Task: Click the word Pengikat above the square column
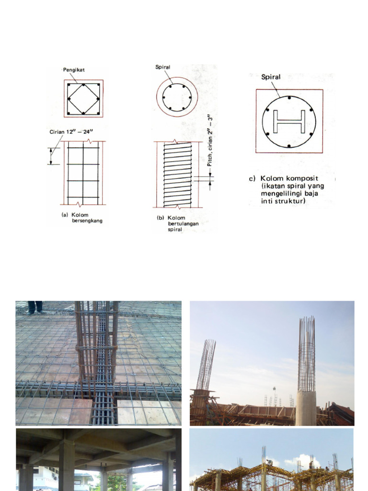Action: tap(74, 70)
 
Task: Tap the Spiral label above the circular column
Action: tap(163, 68)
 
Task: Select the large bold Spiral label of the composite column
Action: tap(271, 77)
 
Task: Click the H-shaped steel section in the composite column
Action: tap(289, 122)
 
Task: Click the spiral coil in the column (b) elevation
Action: tap(177, 175)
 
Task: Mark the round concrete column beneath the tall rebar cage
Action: tap(305, 408)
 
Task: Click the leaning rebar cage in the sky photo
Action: tap(206, 364)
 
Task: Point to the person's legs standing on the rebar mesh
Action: tap(34, 307)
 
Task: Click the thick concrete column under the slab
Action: tap(67, 465)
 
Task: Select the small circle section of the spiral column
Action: tap(176, 97)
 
